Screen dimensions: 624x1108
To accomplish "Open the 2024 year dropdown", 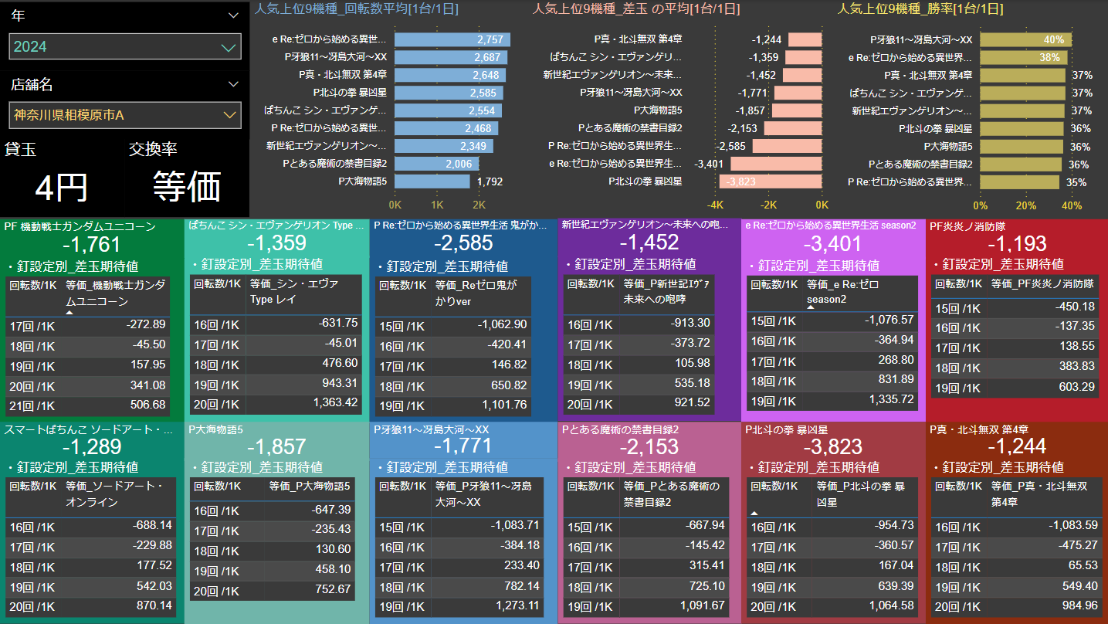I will (x=125, y=47).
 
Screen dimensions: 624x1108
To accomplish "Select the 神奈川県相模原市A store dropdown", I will (x=125, y=115).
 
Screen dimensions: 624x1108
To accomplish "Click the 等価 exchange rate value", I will (x=187, y=186).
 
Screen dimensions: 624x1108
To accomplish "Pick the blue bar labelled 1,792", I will (x=432, y=181).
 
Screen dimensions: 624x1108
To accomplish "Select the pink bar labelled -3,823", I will (x=770, y=181).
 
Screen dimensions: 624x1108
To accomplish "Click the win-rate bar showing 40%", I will (x=1025, y=39).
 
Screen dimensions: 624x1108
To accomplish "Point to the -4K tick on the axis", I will (x=715, y=205).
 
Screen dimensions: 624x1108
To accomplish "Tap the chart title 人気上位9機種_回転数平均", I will (x=357, y=9).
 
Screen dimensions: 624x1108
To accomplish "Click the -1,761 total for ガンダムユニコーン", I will (x=92, y=245).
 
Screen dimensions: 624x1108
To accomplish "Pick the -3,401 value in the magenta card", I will (x=832, y=244).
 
